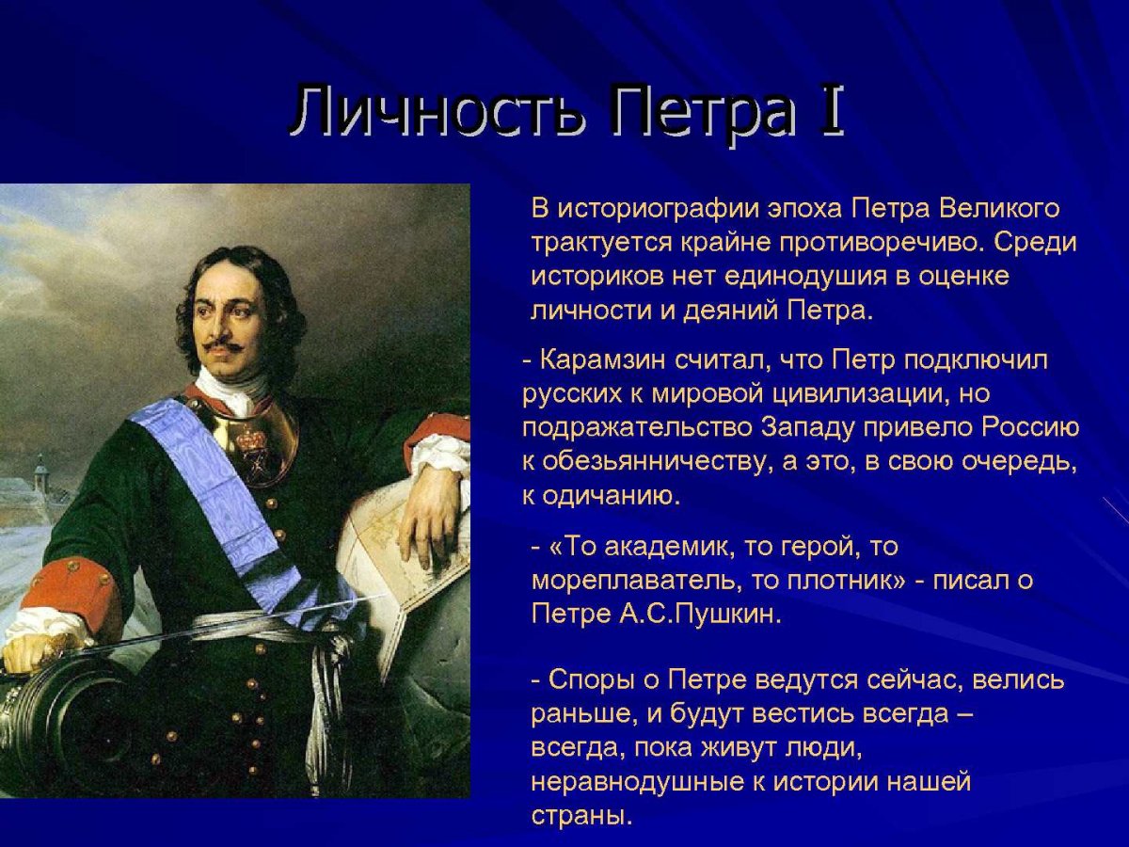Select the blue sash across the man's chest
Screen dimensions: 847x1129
click(216, 489)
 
